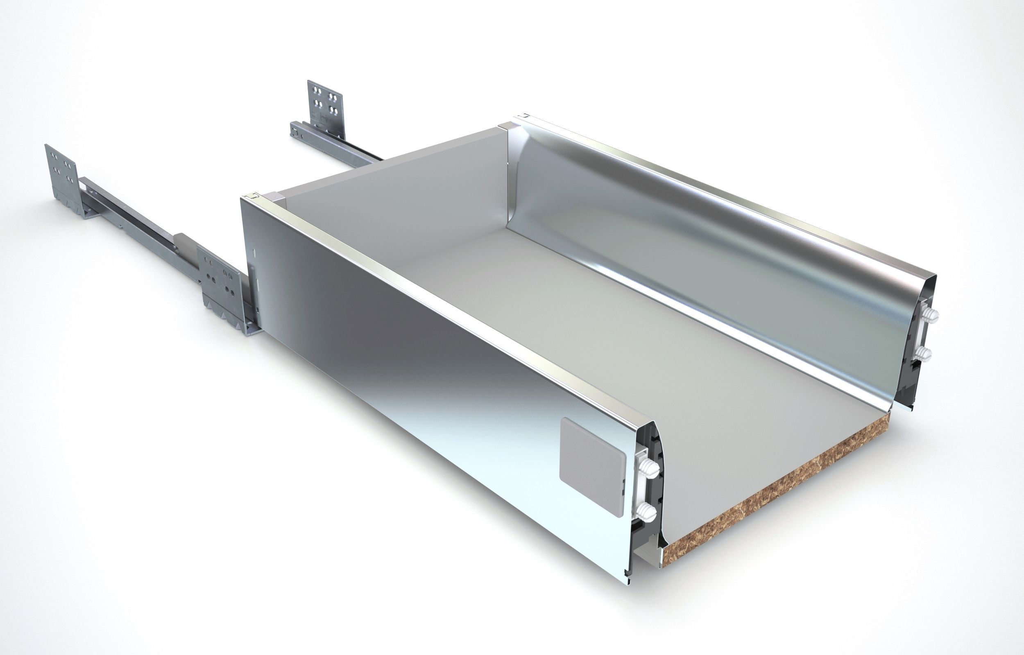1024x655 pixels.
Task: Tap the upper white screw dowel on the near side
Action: [x=648, y=468]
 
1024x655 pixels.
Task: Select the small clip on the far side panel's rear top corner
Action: [x=525, y=116]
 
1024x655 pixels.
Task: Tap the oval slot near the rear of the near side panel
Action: [x=255, y=252]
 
